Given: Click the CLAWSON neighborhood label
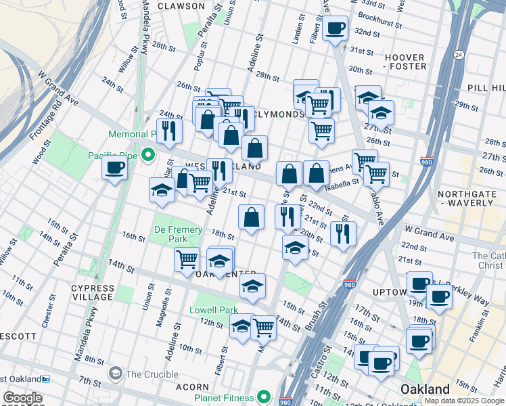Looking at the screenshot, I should coord(181,6).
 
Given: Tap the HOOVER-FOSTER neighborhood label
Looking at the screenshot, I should coord(406,62).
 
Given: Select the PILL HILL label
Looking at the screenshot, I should coord(486,88).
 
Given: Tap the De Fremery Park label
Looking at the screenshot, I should coord(178,235).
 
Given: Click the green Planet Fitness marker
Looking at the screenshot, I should coord(264,397).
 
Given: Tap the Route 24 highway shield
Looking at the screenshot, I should coord(459,54).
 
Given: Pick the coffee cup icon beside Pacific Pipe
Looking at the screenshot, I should coord(114,168).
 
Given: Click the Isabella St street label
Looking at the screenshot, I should coord(344,182).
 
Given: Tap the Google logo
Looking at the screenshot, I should coord(22,399).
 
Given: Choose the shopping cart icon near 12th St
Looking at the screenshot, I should coord(263,328).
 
